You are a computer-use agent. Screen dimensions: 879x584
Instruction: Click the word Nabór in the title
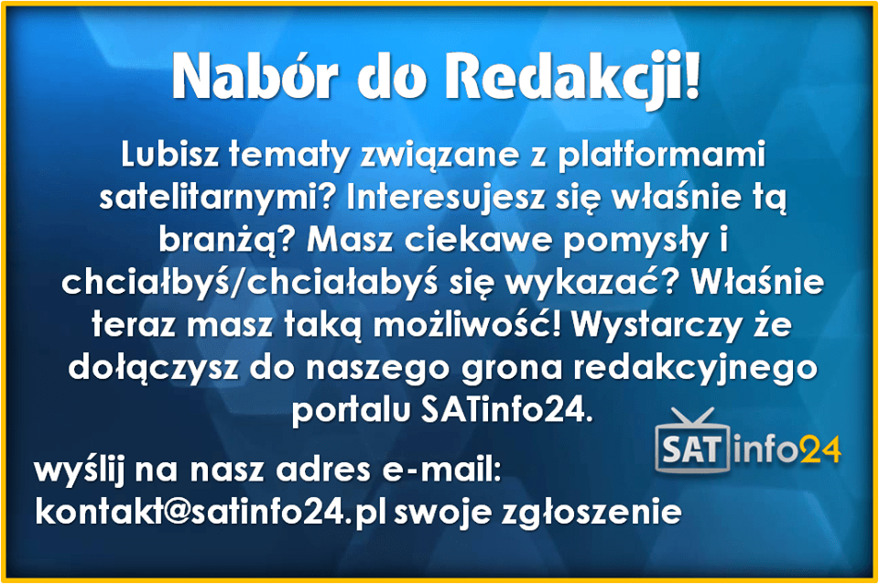[255, 76]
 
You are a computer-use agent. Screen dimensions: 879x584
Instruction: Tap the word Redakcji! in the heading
[572, 80]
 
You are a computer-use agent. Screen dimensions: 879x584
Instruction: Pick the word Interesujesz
[446, 198]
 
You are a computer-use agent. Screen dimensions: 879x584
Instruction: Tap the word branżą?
[227, 241]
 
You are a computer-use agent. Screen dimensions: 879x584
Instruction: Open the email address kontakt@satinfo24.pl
[211, 511]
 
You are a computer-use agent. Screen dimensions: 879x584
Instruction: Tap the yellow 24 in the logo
[820, 449]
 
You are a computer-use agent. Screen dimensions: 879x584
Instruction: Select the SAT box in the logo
[693, 449]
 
